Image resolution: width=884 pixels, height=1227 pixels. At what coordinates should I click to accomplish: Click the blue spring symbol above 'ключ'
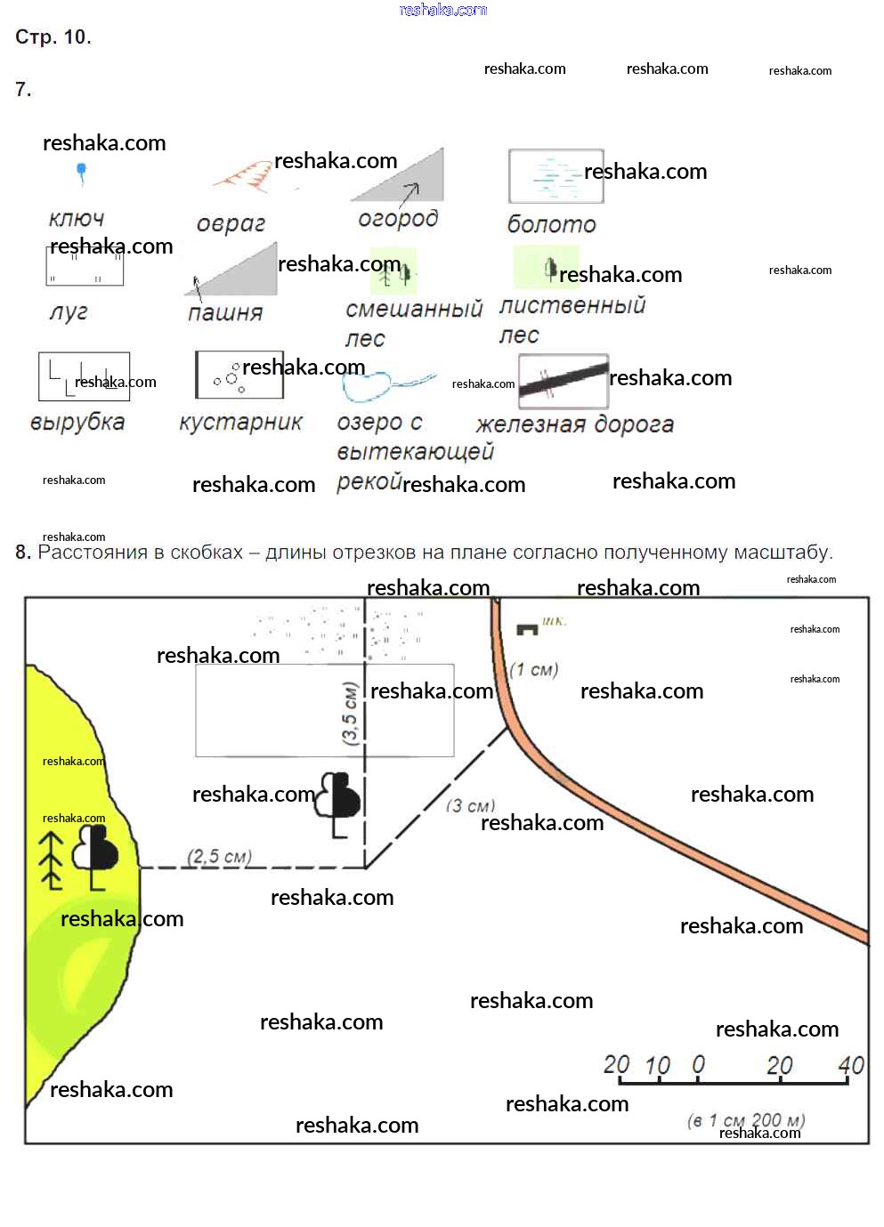click(82, 172)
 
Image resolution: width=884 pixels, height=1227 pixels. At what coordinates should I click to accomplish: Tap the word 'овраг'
click(231, 223)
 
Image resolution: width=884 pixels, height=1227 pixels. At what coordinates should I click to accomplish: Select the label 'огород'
click(398, 219)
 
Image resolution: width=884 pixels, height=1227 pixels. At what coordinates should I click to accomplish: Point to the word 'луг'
click(69, 312)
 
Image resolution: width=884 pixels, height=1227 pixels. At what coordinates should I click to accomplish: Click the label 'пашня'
click(225, 312)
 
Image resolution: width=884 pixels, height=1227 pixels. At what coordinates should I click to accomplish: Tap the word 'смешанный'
click(414, 309)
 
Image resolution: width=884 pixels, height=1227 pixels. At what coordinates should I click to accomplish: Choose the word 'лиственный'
click(572, 306)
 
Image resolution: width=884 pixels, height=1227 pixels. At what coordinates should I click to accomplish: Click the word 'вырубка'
click(77, 422)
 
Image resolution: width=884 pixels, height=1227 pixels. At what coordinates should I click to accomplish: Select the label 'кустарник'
click(240, 422)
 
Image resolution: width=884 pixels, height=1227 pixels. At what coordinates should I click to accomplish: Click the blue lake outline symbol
click(369, 385)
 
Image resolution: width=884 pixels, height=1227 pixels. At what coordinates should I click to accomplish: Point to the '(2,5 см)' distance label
click(219, 857)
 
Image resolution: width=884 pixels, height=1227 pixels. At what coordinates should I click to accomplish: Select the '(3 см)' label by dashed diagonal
click(470, 806)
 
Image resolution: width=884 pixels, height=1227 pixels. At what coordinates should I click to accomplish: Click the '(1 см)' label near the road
click(533, 670)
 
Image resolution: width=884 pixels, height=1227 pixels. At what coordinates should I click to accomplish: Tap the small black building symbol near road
click(527, 629)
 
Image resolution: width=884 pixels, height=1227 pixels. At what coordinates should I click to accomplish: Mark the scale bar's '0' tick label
click(698, 1065)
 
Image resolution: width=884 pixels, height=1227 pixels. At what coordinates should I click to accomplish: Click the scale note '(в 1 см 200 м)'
click(746, 1120)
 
